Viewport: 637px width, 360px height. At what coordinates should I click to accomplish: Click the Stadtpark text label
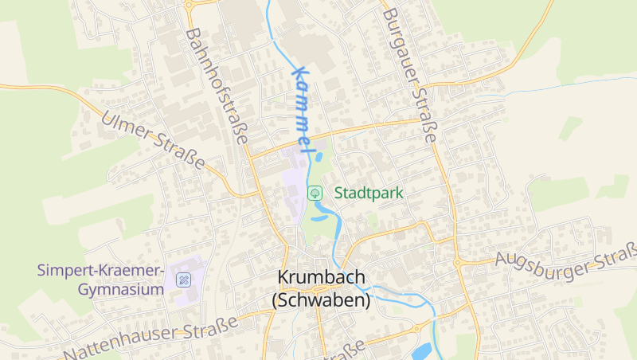pyautogui.click(x=369, y=193)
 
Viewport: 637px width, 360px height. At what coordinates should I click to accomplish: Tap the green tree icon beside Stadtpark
pyautogui.click(x=315, y=192)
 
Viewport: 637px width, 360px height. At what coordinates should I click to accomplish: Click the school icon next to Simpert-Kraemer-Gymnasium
pyautogui.click(x=183, y=280)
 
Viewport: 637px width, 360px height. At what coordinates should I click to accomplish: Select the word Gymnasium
pyautogui.click(x=121, y=289)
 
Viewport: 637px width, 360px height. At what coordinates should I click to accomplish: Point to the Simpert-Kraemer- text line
pyautogui.click(x=100, y=270)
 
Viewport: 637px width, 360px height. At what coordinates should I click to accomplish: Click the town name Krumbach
pyautogui.click(x=322, y=277)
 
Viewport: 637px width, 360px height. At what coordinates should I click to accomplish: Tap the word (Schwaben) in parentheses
pyautogui.click(x=322, y=301)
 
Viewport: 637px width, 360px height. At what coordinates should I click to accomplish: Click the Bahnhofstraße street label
pyautogui.click(x=216, y=84)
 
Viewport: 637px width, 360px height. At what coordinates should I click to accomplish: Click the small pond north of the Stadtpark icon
pyautogui.click(x=319, y=157)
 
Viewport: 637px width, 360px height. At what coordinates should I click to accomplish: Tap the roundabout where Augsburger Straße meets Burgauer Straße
pyautogui.click(x=459, y=262)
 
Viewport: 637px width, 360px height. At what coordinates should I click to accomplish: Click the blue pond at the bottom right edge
pyautogui.click(x=421, y=350)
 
